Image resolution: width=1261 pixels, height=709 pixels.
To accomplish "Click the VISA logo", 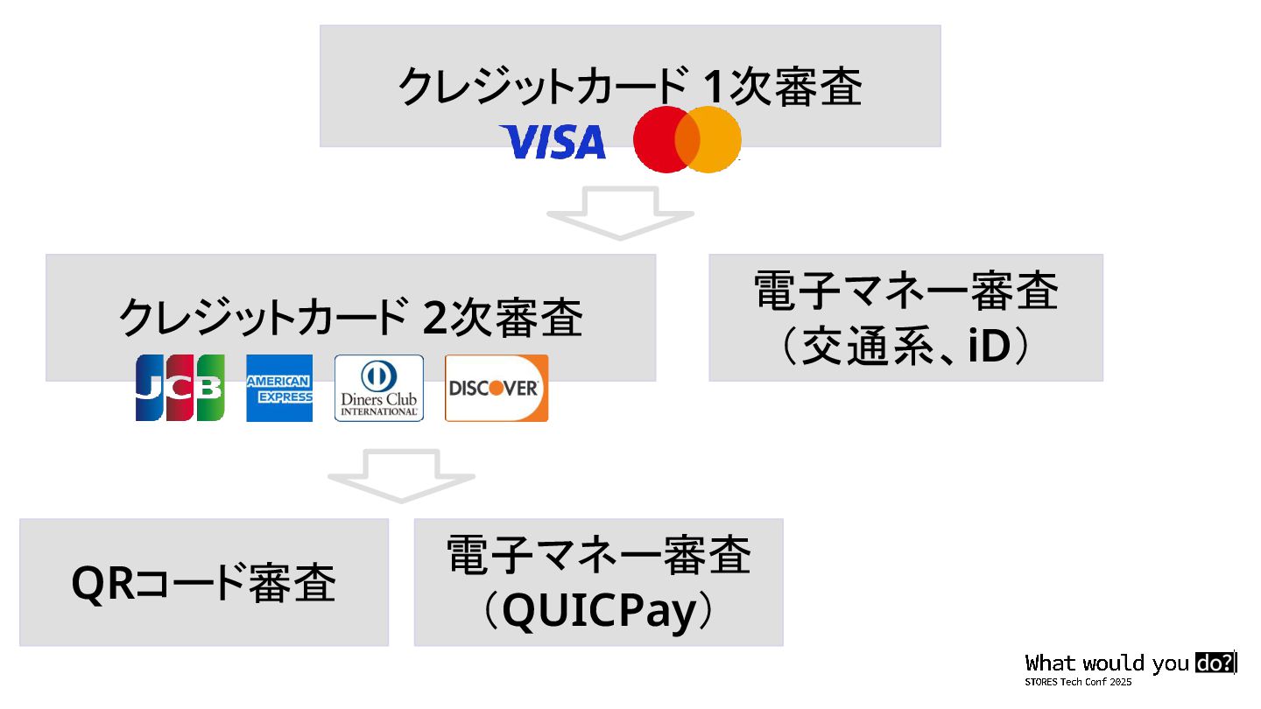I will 553,142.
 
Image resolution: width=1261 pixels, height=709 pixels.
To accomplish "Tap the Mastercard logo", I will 687,140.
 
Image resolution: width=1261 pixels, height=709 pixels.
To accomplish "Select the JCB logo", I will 180,387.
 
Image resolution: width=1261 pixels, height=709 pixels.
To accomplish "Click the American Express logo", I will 279,388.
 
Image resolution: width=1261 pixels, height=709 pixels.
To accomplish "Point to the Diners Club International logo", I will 379,388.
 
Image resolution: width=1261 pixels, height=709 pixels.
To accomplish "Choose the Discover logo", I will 497,388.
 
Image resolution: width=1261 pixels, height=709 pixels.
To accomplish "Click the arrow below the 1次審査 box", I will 620,213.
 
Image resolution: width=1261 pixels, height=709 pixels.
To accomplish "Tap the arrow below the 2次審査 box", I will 401,475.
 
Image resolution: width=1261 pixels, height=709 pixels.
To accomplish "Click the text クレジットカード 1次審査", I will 630,87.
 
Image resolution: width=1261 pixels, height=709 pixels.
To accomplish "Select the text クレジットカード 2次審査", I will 350,318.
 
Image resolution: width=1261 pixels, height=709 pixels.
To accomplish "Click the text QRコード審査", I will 203,583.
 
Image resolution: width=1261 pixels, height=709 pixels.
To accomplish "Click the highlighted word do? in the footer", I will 1214,663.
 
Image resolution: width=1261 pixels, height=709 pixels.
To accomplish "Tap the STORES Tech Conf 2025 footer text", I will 1078,682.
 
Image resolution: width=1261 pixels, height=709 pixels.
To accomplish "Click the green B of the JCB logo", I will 210,387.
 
